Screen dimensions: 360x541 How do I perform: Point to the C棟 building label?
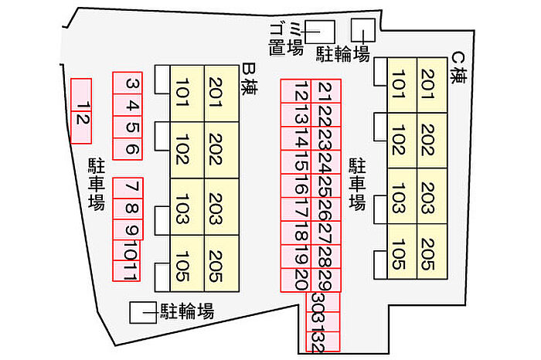point(461,67)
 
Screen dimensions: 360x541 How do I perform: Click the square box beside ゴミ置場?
point(319,31)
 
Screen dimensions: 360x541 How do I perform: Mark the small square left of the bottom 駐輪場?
point(141,311)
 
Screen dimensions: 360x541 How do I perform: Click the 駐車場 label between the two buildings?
point(357,184)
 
